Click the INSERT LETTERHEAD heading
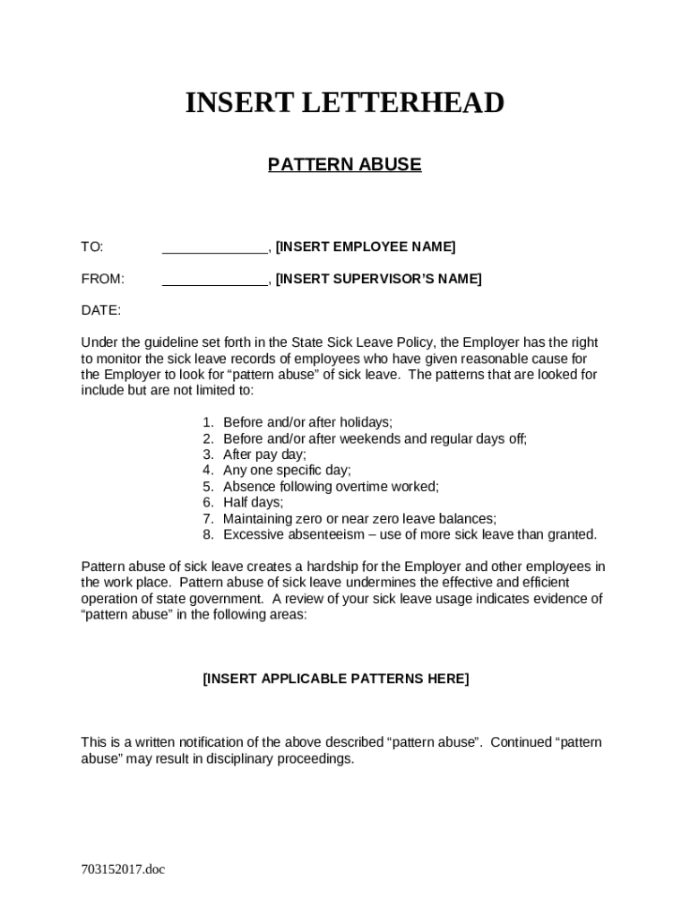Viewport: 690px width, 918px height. pos(344,104)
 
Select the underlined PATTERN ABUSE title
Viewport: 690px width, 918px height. pos(344,165)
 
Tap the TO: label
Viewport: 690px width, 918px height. pos(92,247)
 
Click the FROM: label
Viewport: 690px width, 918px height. pos(103,279)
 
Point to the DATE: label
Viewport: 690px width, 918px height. pos(101,311)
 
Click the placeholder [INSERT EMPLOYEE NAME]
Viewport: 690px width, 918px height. pos(366,247)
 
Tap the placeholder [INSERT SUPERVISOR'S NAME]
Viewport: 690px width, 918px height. pos(378,279)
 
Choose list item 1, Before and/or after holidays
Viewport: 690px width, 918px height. pos(307,422)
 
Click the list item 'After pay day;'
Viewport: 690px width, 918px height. pos(264,455)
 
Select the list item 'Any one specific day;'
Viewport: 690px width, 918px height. pos(287,470)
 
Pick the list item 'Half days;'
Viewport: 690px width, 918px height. pos(253,502)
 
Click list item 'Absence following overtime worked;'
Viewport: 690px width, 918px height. pos(331,486)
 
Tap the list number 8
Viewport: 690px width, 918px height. pos(207,534)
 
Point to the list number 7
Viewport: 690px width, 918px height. pos(207,518)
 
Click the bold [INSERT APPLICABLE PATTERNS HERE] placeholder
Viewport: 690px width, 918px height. pos(335,679)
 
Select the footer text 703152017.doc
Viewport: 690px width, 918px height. pos(123,869)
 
